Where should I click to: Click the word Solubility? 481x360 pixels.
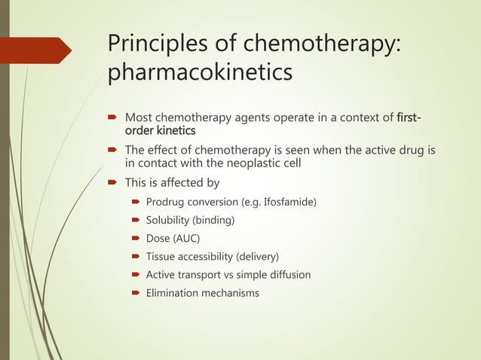click(x=170, y=221)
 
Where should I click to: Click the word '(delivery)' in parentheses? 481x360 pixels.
click(x=254, y=256)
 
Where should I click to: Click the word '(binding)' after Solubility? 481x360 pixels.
click(x=216, y=221)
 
